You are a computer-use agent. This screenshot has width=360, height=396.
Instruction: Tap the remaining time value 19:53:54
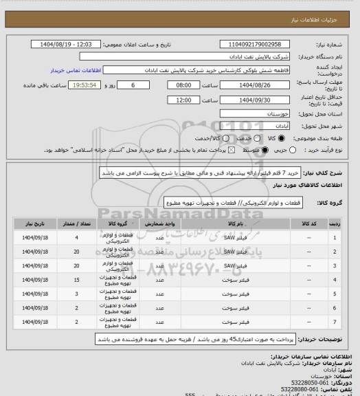click(82, 86)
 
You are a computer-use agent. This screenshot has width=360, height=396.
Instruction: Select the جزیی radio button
click(293, 150)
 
